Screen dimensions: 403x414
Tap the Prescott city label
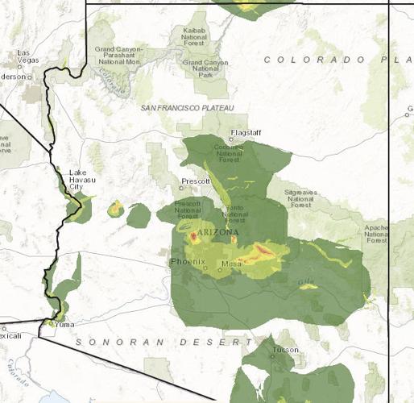pyautogui.click(x=196, y=181)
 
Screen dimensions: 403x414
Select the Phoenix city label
pyautogui.click(x=188, y=263)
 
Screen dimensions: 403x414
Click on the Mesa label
pyautogui.click(x=231, y=264)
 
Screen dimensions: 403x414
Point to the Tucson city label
pyautogui.click(x=285, y=350)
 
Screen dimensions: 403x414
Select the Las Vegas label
pyautogui.click(x=28, y=57)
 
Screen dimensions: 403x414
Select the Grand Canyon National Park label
pyautogui.click(x=205, y=67)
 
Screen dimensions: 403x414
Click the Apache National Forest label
pyautogui.click(x=376, y=234)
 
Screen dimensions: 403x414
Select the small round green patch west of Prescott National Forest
pyautogui.click(x=139, y=215)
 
